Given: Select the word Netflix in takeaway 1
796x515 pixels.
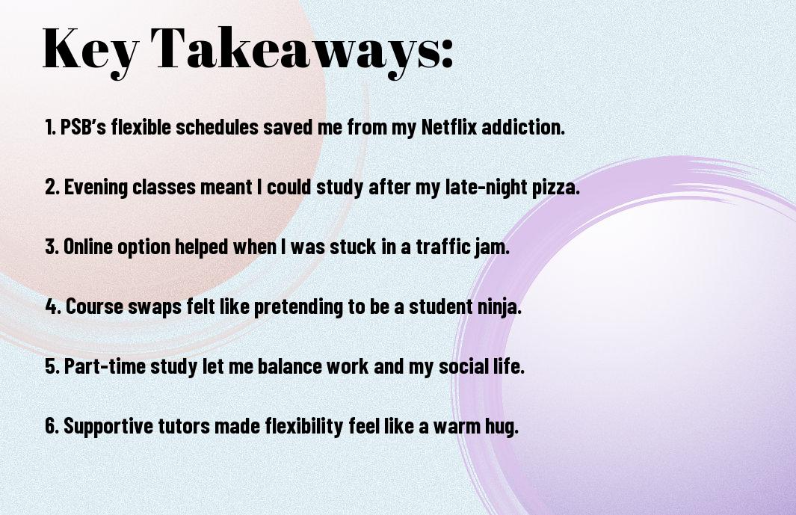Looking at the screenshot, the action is click(449, 127).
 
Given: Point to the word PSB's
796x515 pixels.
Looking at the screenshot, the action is click(83, 127).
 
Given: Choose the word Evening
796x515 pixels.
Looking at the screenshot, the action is click(96, 188).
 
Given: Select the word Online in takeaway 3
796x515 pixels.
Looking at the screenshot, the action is click(88, 247).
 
